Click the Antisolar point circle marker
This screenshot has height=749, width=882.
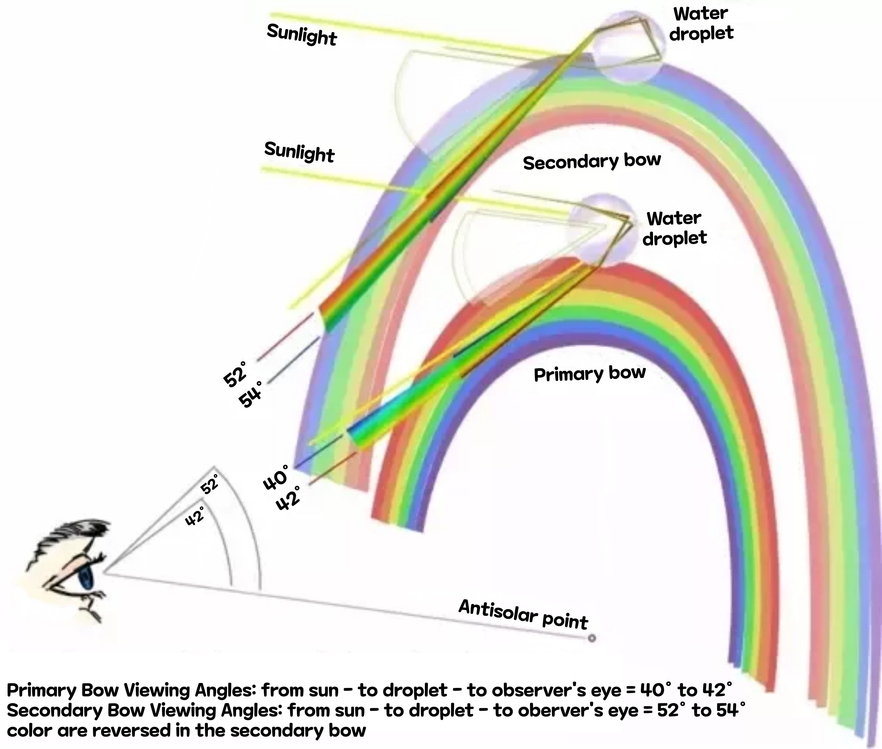(592, 638)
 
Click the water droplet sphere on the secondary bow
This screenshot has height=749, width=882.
(628, 47)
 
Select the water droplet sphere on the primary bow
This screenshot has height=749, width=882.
(601, 229)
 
